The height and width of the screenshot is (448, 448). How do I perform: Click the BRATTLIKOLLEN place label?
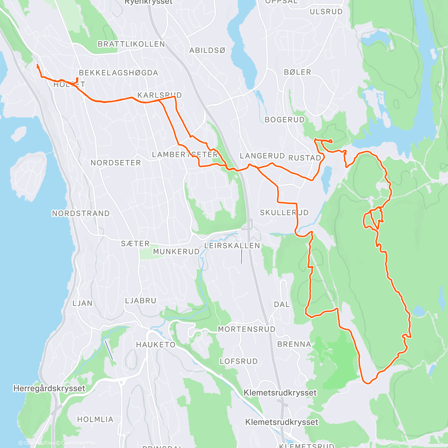(x=131, y=44)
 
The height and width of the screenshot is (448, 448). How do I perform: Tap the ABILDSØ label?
(x=207, y=50)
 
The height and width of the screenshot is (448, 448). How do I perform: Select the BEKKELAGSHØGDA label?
(x=118, y=73)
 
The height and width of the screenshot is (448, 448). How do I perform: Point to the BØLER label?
(x=297, y=72)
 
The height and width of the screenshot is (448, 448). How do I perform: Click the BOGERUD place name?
(x=284, y=120)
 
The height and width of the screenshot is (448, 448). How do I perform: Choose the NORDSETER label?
(x=116, y=163)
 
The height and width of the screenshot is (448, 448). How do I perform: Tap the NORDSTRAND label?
(x=81, y=214)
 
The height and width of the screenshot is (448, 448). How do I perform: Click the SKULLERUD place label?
(x=284, y=213)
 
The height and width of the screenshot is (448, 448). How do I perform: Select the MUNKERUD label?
(x=176, y=252)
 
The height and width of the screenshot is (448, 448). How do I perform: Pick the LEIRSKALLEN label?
(x=232, y=246)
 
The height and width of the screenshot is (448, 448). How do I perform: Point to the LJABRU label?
(x=140, y=301)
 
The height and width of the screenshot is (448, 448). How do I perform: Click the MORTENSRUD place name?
(x=246, y=329)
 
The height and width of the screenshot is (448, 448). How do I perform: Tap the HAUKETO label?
(x=156, y=345)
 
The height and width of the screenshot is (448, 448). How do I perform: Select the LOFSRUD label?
(x=239, y=361)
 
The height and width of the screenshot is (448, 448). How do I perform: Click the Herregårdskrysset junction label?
(x=49, y=388)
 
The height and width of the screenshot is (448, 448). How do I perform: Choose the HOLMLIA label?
(x=95, y=420)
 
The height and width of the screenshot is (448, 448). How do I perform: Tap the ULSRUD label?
(x=326, y=12)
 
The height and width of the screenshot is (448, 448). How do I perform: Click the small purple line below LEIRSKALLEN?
(x=241, y=256)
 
